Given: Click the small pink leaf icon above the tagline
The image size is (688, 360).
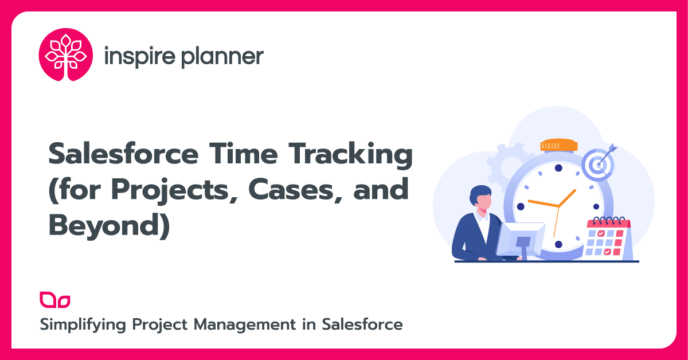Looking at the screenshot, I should pos(55,299).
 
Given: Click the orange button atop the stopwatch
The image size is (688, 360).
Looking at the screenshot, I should pos(558,145).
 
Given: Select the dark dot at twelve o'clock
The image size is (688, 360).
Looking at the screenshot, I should pos(558,168).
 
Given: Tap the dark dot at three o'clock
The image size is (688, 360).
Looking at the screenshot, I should pos(596,206).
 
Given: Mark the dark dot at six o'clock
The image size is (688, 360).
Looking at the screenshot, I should pos(558,244).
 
